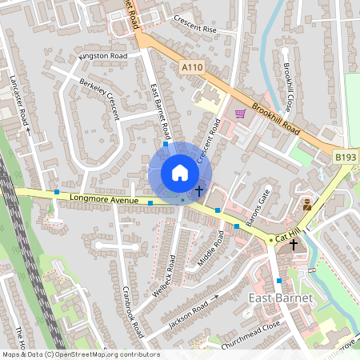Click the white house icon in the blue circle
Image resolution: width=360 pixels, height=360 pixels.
pyautogui.click(x=180, y=173)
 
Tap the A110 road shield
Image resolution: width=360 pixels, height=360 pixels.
pyautogui.click(x=191, y=69)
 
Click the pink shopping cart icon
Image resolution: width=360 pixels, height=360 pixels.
pyautogui.click(x=239, y=114)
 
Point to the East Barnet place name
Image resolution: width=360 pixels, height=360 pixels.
pyautogui.click(x=280, y=298)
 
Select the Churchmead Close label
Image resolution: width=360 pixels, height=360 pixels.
pyautogui.click(x=252, y=324)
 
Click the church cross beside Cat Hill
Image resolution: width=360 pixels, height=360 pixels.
pyautogui.click(x=294, y=244)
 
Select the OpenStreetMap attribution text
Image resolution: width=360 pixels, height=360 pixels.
pyautogui.click(x=80, y=354)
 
